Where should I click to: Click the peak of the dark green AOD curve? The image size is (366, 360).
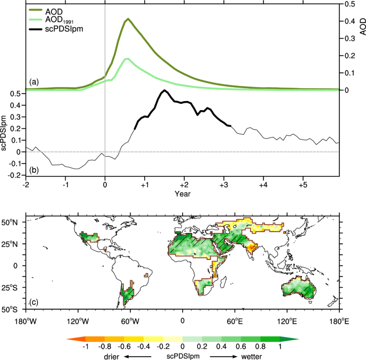tap(128, 20)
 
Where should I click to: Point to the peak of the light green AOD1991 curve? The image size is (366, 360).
tap(127, 59)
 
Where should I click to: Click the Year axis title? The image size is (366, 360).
tap(183, 194)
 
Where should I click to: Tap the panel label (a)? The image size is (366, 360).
tap(35, 82)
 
